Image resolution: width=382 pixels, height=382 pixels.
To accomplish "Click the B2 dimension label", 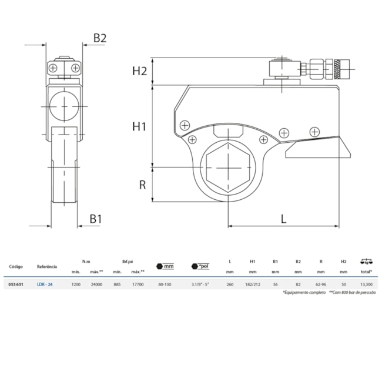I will coord(100,38).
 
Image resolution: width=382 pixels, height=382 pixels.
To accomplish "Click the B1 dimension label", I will coord(96,219).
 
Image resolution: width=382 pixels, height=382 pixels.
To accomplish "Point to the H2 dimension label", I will coord(139,71).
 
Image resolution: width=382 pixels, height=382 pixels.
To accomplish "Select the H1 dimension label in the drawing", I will coord(139,126).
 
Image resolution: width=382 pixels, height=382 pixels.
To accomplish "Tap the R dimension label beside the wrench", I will coord(142,185).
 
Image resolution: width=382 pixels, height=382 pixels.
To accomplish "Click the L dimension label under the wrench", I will coord(283,219).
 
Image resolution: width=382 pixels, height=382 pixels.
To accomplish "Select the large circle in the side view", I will coord(63,107).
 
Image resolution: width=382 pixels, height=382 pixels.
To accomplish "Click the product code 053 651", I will coord(16,284).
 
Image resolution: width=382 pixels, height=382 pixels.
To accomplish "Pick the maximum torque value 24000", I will coord(96,284).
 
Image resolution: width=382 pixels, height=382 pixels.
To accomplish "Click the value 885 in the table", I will coord(117,284).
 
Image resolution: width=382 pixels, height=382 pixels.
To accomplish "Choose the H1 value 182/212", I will coord(253,284).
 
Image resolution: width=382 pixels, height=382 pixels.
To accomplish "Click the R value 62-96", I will coord(320,284).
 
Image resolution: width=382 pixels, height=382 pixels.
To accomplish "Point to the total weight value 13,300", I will coord(366,284).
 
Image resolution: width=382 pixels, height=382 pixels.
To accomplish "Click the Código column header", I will coord(16,266).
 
